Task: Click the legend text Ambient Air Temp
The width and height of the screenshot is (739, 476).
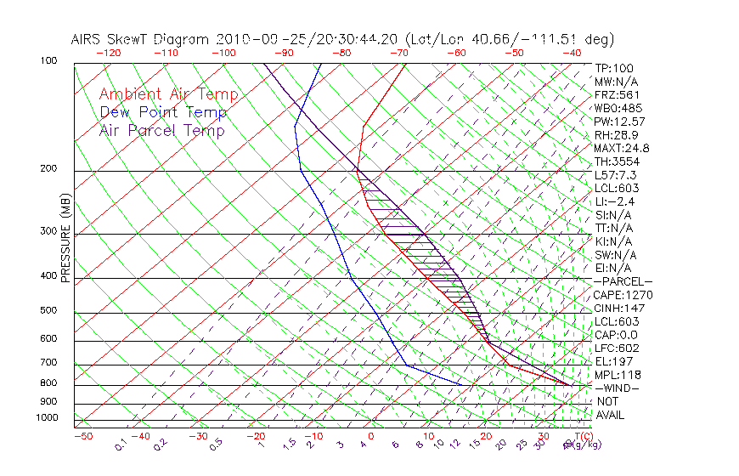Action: click(168, 94)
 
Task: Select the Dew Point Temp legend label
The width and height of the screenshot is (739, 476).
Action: click(162, 112)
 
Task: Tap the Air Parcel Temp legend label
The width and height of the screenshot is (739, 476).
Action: click(161, 130)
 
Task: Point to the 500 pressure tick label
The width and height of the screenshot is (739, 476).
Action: click(48, 311)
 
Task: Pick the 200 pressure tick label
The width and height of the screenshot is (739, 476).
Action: click(48, 169)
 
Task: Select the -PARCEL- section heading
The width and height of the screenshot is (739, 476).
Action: click(623, 281)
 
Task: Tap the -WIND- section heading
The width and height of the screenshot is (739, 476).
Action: click(617, 388)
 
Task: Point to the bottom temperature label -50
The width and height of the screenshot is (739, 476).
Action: click(82, 437)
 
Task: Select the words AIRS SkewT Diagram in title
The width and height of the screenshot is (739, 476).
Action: click(141, 39)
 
